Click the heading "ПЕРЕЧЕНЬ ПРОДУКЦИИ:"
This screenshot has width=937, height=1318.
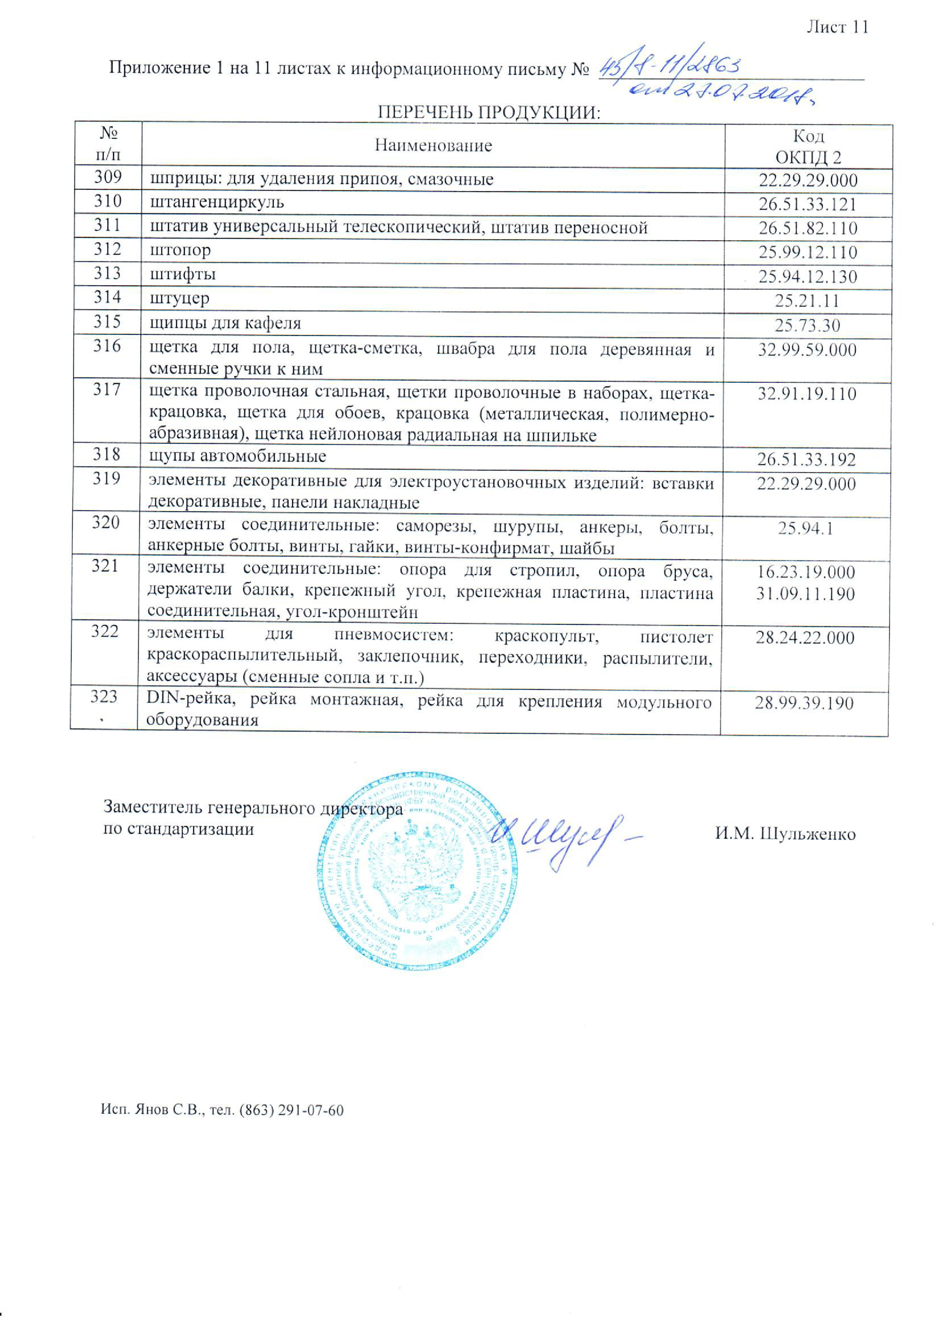[x=489, y=112]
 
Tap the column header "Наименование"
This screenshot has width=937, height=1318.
[x=433, y=145]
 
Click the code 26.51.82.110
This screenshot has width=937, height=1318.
[x=808, y=228]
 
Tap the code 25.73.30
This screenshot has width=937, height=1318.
[x=807, y=325]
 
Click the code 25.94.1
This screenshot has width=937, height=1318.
[x=805, y=527]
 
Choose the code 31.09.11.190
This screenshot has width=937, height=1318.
[x=805, y=593]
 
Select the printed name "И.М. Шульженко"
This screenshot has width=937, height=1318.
[x=785, y=834]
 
